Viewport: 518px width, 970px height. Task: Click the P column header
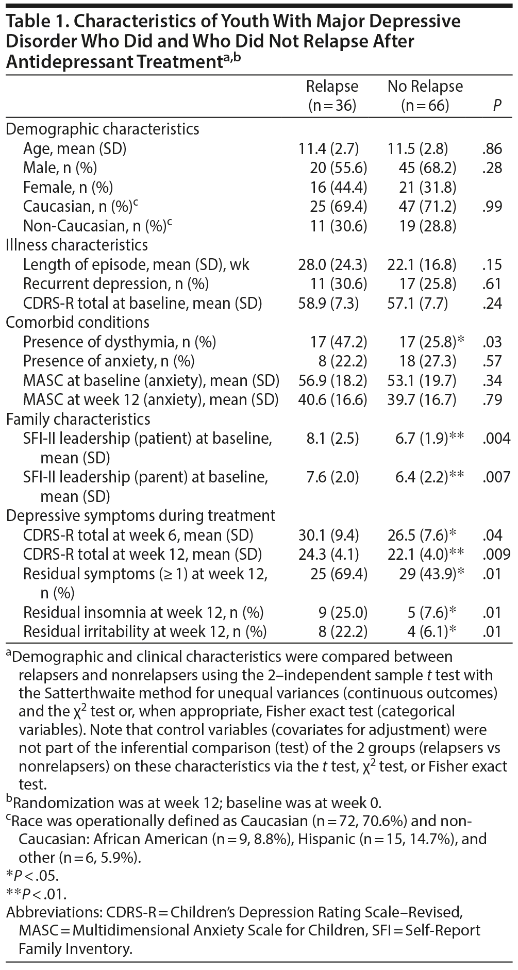(x=497, y=106)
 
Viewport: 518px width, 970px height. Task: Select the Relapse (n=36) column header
(x=332, y=96)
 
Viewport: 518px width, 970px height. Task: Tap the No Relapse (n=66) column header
(x=425, y=96)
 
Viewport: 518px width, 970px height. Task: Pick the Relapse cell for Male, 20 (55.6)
(x=338, y=168)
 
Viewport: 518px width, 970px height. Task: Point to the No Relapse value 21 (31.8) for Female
(x=427, y=187)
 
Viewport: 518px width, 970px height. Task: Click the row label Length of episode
(x=136, y=264)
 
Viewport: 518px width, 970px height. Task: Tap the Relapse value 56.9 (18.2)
(x=332, y=380)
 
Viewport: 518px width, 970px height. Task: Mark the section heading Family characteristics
(x=78, y=419)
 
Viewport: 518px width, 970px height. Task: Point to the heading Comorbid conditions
(x=77, y=322)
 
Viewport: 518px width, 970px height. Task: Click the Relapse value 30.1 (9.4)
(x=328, y=535)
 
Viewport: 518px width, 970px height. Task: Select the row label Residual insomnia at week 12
(x=143, y=612)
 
